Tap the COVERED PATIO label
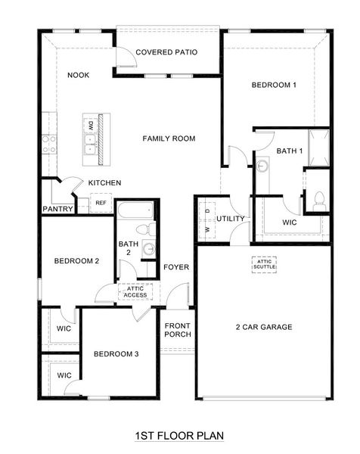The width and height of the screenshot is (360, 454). click(166, 52)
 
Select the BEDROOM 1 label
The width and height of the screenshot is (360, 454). click(273, 86)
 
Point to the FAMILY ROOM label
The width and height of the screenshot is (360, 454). click(169, 138)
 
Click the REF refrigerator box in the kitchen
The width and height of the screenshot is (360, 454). click(101, 203)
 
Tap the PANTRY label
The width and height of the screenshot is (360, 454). click(57, 209)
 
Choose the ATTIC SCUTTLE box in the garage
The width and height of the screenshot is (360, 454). click(265, 264)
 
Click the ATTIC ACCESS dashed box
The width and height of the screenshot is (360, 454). click(135, 292)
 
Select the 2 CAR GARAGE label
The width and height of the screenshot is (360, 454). click(263, 327)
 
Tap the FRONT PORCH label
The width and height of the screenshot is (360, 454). click(178, 329)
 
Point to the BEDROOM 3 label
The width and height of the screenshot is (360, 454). click(116, 354)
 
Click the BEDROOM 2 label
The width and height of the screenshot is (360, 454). click(76, 261)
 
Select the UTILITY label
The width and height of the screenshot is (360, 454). click(230, 219)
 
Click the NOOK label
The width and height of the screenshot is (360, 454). click(79, 75)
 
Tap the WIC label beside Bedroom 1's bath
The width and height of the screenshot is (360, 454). click(289, 223)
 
